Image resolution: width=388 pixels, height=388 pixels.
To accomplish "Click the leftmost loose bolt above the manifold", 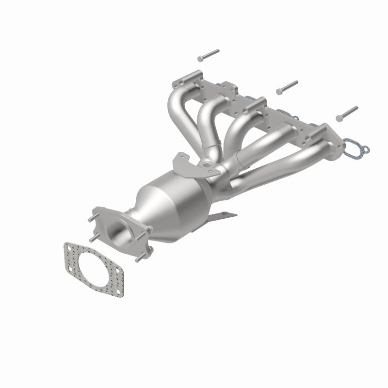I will point(208,54).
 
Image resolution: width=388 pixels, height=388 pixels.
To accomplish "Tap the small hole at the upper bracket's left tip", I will point(179,157).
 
